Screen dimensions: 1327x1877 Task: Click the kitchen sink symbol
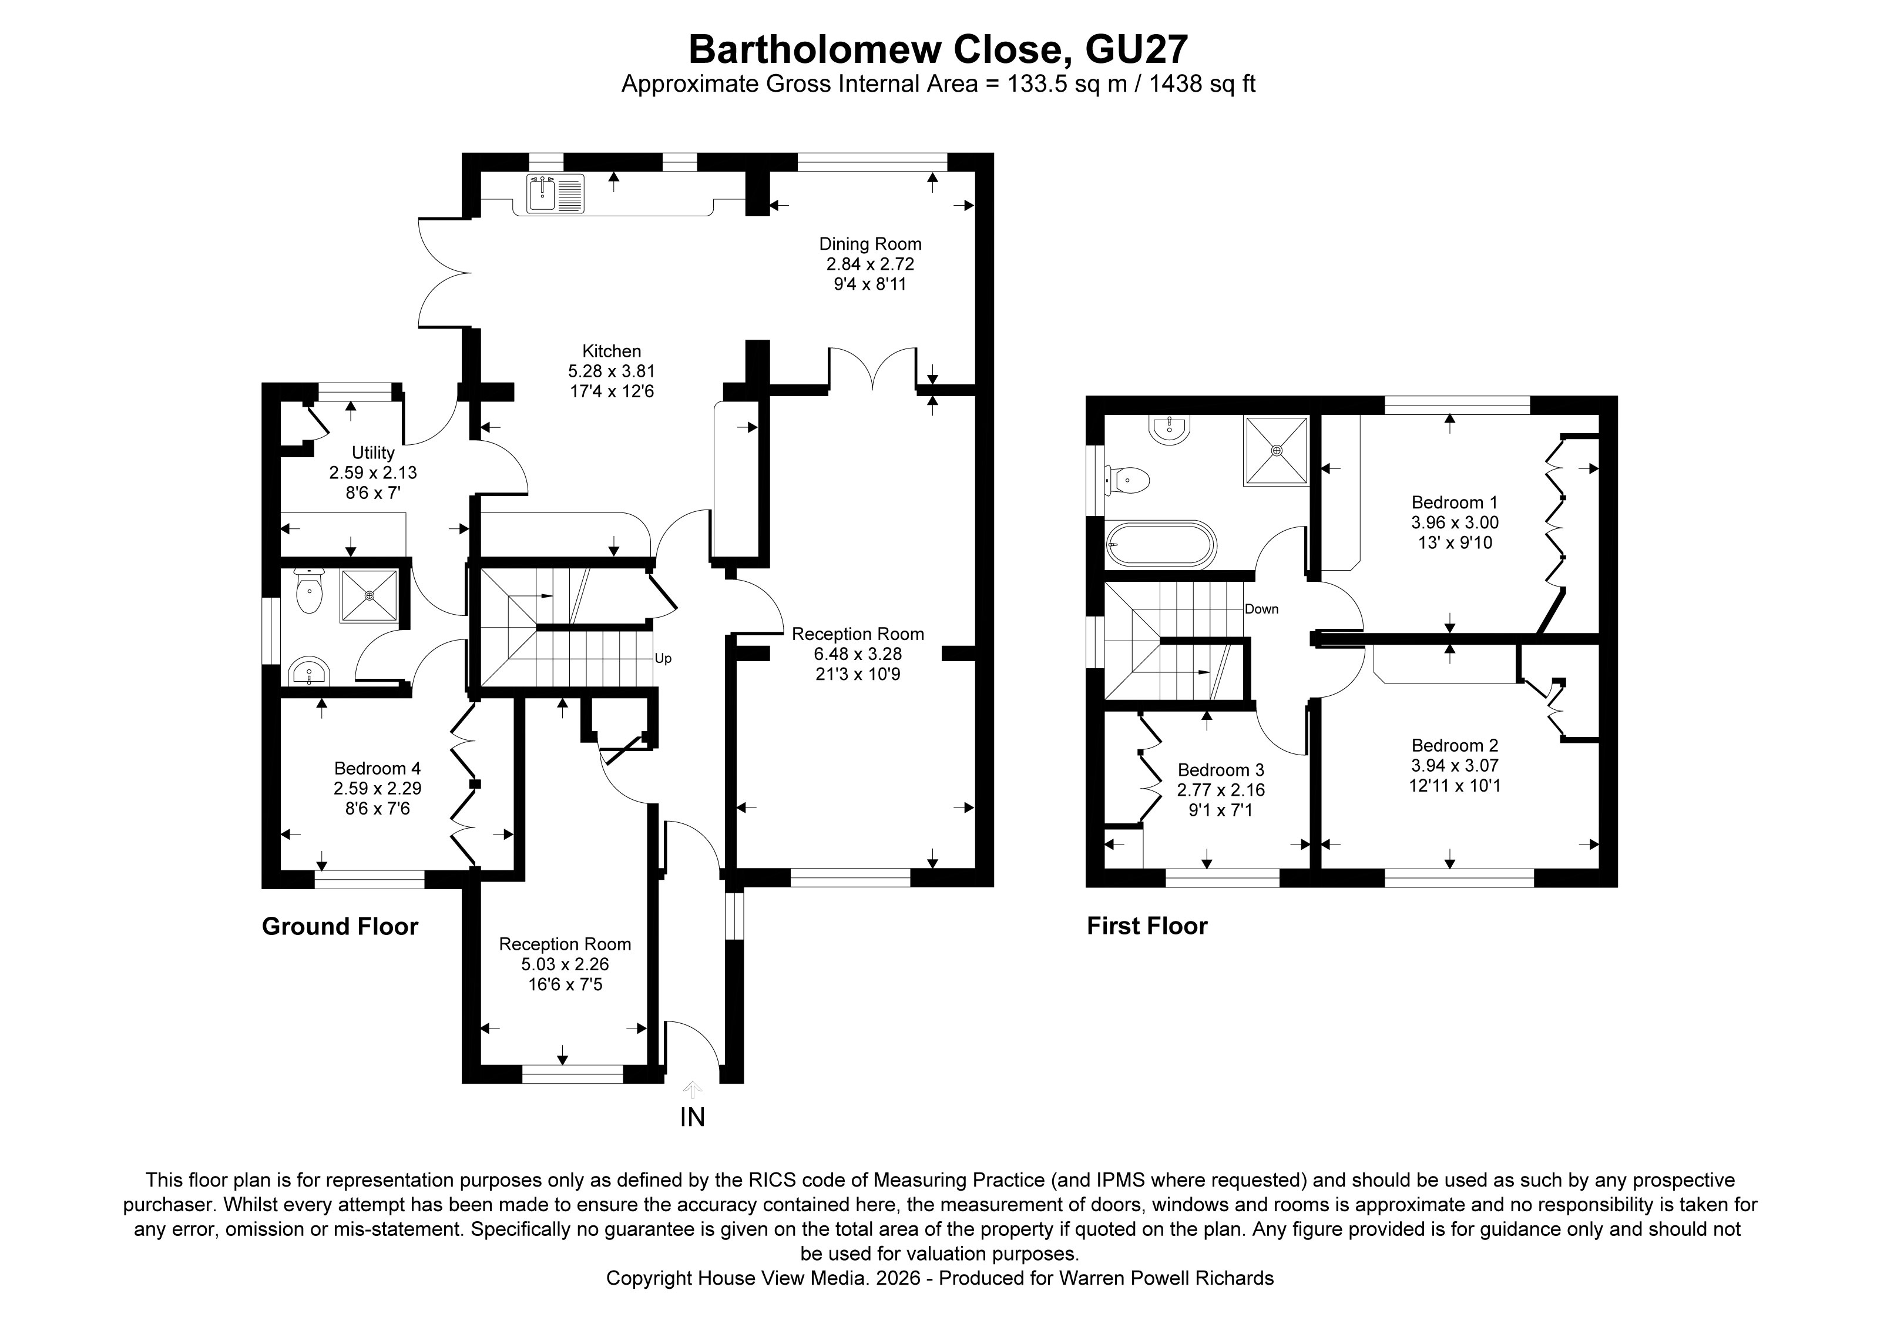point(554,195)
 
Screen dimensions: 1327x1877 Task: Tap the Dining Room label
point(870,244)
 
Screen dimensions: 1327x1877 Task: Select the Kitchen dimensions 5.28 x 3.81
point(612,371)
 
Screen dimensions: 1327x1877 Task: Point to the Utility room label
point(373,452)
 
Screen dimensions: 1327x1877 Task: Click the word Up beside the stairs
point(663,658)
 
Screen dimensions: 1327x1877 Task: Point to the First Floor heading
point(1146,926)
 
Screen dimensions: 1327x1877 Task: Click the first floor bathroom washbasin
point(1169,428)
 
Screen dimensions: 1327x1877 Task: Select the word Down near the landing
point(1261,609)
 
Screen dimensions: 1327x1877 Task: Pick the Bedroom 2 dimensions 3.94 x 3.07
point(1455,765)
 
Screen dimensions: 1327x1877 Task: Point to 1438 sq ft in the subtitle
point(1202,84)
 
